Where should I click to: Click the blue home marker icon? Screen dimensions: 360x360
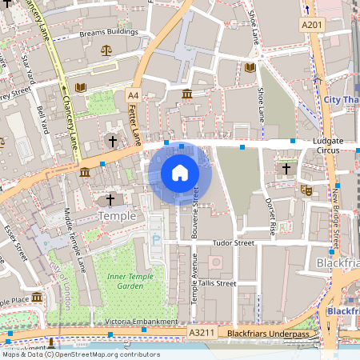pyautogui.click(x=180, y=173)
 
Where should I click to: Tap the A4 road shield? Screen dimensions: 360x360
pyautogui.click(x=133, y=96)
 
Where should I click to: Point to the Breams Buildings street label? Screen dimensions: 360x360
pyautogui.click(x=109, y=34)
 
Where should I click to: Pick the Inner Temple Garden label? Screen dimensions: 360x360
pyautogui.click(x=124, y=281)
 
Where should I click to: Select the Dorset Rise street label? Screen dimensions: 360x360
pyautogui.click(x=271, y=215)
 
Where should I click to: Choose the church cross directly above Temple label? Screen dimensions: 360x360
pyautogui.click(x=111, y=198)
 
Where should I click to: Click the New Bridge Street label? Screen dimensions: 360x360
pyautogui.click(x=335, y=216)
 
